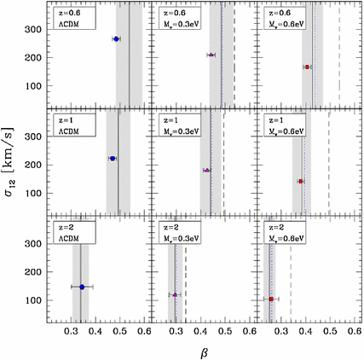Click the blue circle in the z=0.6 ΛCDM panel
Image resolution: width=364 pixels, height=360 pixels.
click(x=117, y=39)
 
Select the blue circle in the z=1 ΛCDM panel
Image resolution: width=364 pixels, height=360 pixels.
click(x=113, y=159)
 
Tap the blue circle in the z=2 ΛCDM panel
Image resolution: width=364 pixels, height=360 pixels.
click(x=82, y=287)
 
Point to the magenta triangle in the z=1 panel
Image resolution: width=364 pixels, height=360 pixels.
click(x=206, y=171)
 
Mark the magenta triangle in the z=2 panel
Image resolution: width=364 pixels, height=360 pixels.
click(x=175, y=295)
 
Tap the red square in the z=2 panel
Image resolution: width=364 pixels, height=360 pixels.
click(x=271, y=299)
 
